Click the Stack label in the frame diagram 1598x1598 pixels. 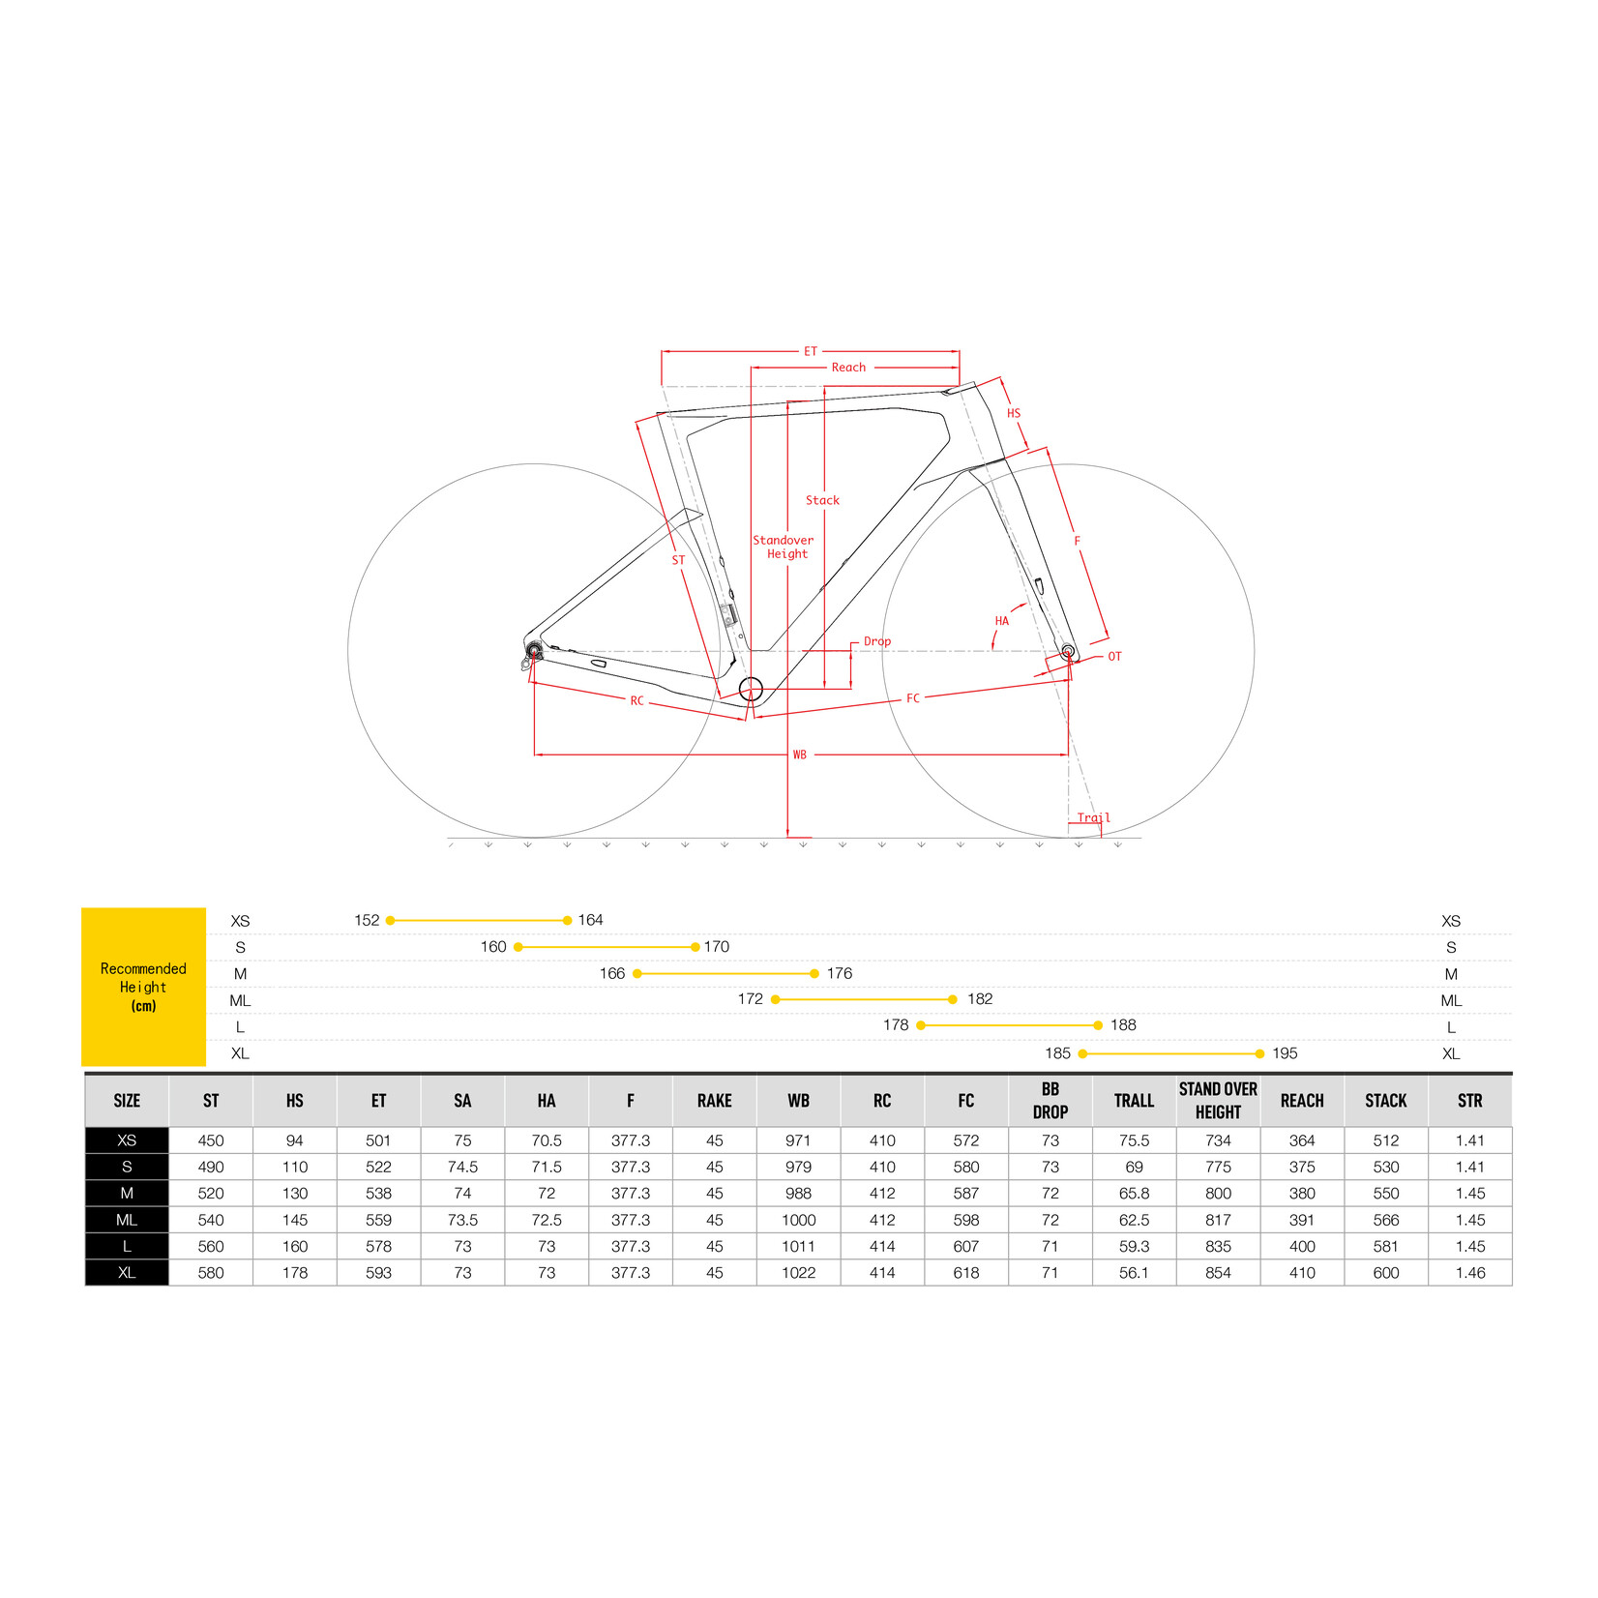point(822,500)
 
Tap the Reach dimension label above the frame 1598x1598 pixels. point(848,368)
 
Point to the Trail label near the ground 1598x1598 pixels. point(1093,817)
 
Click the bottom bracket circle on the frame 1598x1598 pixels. point(751,689)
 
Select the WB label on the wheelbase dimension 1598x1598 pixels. point(799,755)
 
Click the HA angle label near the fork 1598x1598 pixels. point(1001,621)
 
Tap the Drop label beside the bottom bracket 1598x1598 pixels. point(876,641)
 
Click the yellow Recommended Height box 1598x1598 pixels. point(143,987)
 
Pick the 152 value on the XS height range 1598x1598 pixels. point(367,920)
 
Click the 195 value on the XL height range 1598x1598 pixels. point(1285,1053)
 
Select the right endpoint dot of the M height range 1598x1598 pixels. point(814,973)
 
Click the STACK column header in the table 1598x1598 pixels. point(1385,1101)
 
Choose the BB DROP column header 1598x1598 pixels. point(1050,1101)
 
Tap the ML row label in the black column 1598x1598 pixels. point(127,1220)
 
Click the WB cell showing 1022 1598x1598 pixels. point(798,1273)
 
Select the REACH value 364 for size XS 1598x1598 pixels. point(1302,1140)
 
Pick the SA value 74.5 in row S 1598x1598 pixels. point(462,1168)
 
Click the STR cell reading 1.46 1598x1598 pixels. point(1469,1273)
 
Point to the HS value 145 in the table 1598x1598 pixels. point(295,1220)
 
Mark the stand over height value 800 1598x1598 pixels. point(1218,1194)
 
